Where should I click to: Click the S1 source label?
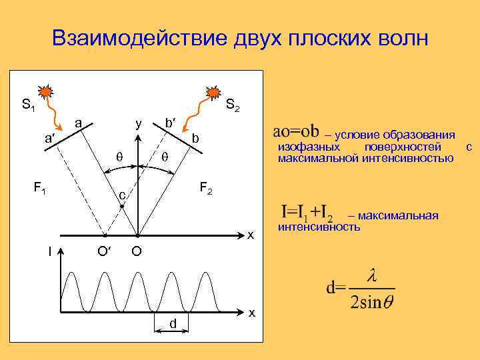pos(28,105)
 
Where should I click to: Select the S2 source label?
pos(233,105)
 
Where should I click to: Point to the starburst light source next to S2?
pos(213,91)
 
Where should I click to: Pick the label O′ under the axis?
pos(104,251)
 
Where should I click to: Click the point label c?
pos(122,196)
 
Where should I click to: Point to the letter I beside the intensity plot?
pos(50,251)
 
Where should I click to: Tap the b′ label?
pos(171,123)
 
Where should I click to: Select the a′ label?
pos(49,139)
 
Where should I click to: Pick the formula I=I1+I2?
pos(307,213)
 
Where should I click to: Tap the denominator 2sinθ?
pos(371,302)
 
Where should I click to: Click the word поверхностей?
pos(403,147)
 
